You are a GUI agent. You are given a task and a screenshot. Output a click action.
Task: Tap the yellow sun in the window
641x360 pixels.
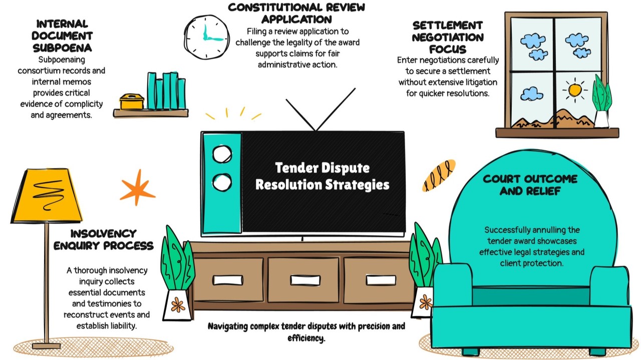point(574,91)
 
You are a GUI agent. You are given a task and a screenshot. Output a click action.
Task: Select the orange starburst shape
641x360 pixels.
point(137,188)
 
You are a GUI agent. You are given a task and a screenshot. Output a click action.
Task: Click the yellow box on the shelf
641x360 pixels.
point(132,102)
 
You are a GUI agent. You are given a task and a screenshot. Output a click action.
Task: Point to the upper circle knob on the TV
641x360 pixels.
point(222,154)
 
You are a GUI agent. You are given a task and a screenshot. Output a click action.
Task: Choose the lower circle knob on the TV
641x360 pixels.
point(222,182)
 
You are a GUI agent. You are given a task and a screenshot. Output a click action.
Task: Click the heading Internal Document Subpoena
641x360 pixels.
point(62,36)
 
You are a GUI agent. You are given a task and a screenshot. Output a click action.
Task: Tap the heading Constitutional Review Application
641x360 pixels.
point(296,14)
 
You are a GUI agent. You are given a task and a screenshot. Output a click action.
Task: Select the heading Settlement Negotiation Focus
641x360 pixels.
point(448,37)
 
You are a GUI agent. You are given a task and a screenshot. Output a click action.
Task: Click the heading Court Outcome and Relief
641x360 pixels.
point(530,185)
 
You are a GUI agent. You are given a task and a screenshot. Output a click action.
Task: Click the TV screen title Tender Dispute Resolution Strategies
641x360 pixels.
point(322,176)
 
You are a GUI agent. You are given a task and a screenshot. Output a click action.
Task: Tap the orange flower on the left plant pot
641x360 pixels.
point(178,304)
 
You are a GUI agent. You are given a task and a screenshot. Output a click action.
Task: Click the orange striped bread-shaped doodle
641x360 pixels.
point(438,175)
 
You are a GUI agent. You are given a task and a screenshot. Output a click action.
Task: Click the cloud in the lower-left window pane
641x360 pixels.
point(532,94)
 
